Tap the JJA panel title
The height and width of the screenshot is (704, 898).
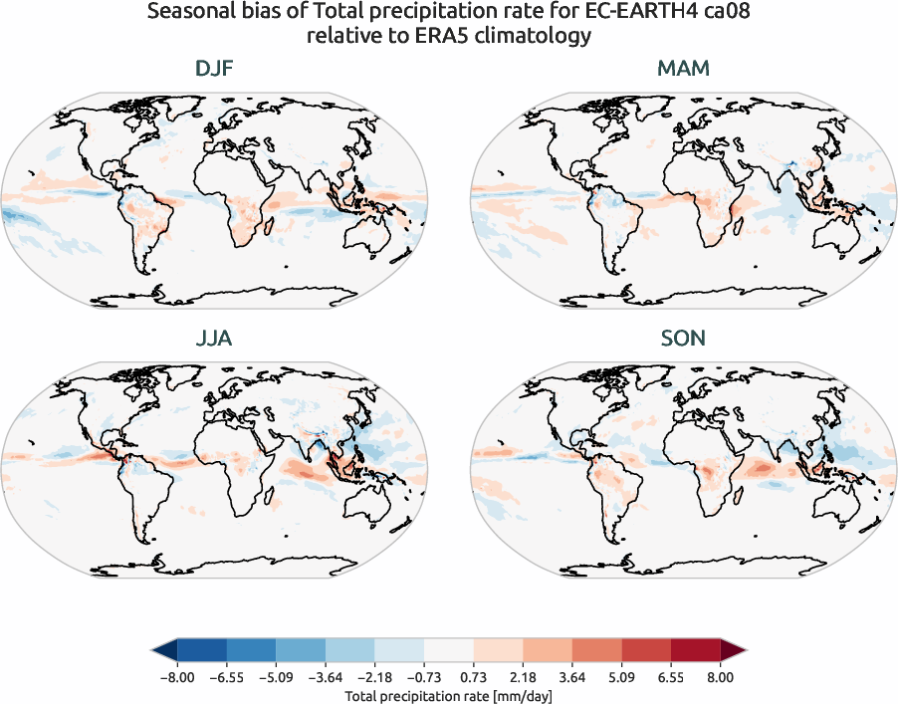[214, 339]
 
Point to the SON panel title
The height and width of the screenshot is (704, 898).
[683, 339]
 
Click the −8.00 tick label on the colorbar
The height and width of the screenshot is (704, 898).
[177, 677]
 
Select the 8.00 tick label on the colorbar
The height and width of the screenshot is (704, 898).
[720, 677]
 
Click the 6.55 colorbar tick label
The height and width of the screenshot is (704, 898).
[671, 677]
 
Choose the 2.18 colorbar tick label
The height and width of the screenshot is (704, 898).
[523, 677]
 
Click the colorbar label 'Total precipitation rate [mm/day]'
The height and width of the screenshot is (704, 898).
[448, 696]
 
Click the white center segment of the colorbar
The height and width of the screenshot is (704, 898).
[448, 650]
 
